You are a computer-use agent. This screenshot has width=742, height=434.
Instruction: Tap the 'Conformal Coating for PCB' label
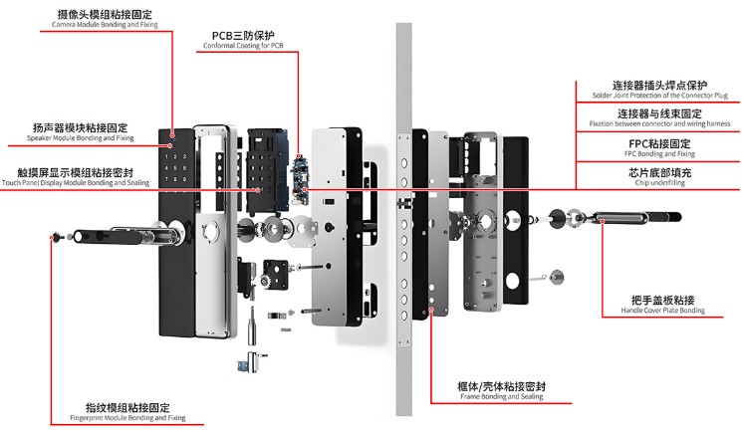243,46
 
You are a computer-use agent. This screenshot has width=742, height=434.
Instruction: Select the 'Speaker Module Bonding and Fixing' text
80,137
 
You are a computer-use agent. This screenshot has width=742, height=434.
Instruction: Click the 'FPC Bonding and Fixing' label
658,154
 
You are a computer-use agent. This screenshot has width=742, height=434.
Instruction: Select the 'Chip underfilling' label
658,183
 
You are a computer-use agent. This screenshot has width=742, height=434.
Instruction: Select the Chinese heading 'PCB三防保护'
243,35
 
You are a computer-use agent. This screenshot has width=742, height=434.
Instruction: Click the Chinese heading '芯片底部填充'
658,172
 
